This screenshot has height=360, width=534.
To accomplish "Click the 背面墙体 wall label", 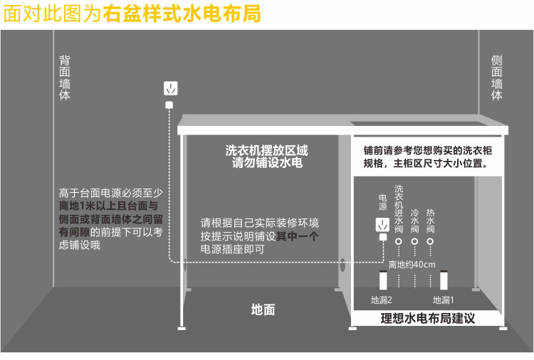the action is tap(65, 78).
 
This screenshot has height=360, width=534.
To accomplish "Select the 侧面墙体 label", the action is tap(497, 78).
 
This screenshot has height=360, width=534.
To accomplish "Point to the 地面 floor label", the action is tap(263, 309).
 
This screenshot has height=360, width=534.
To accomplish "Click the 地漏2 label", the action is tap(382, 300).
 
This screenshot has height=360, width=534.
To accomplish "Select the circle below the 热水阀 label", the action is tap(430, 242).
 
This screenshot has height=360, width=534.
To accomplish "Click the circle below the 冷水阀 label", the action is tap(414, 242).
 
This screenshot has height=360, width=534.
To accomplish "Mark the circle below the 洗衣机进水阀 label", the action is tap(399, 242).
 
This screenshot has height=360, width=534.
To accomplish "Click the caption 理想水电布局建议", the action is tap(427, 319).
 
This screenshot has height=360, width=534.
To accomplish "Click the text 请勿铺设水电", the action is tap(267, 164).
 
